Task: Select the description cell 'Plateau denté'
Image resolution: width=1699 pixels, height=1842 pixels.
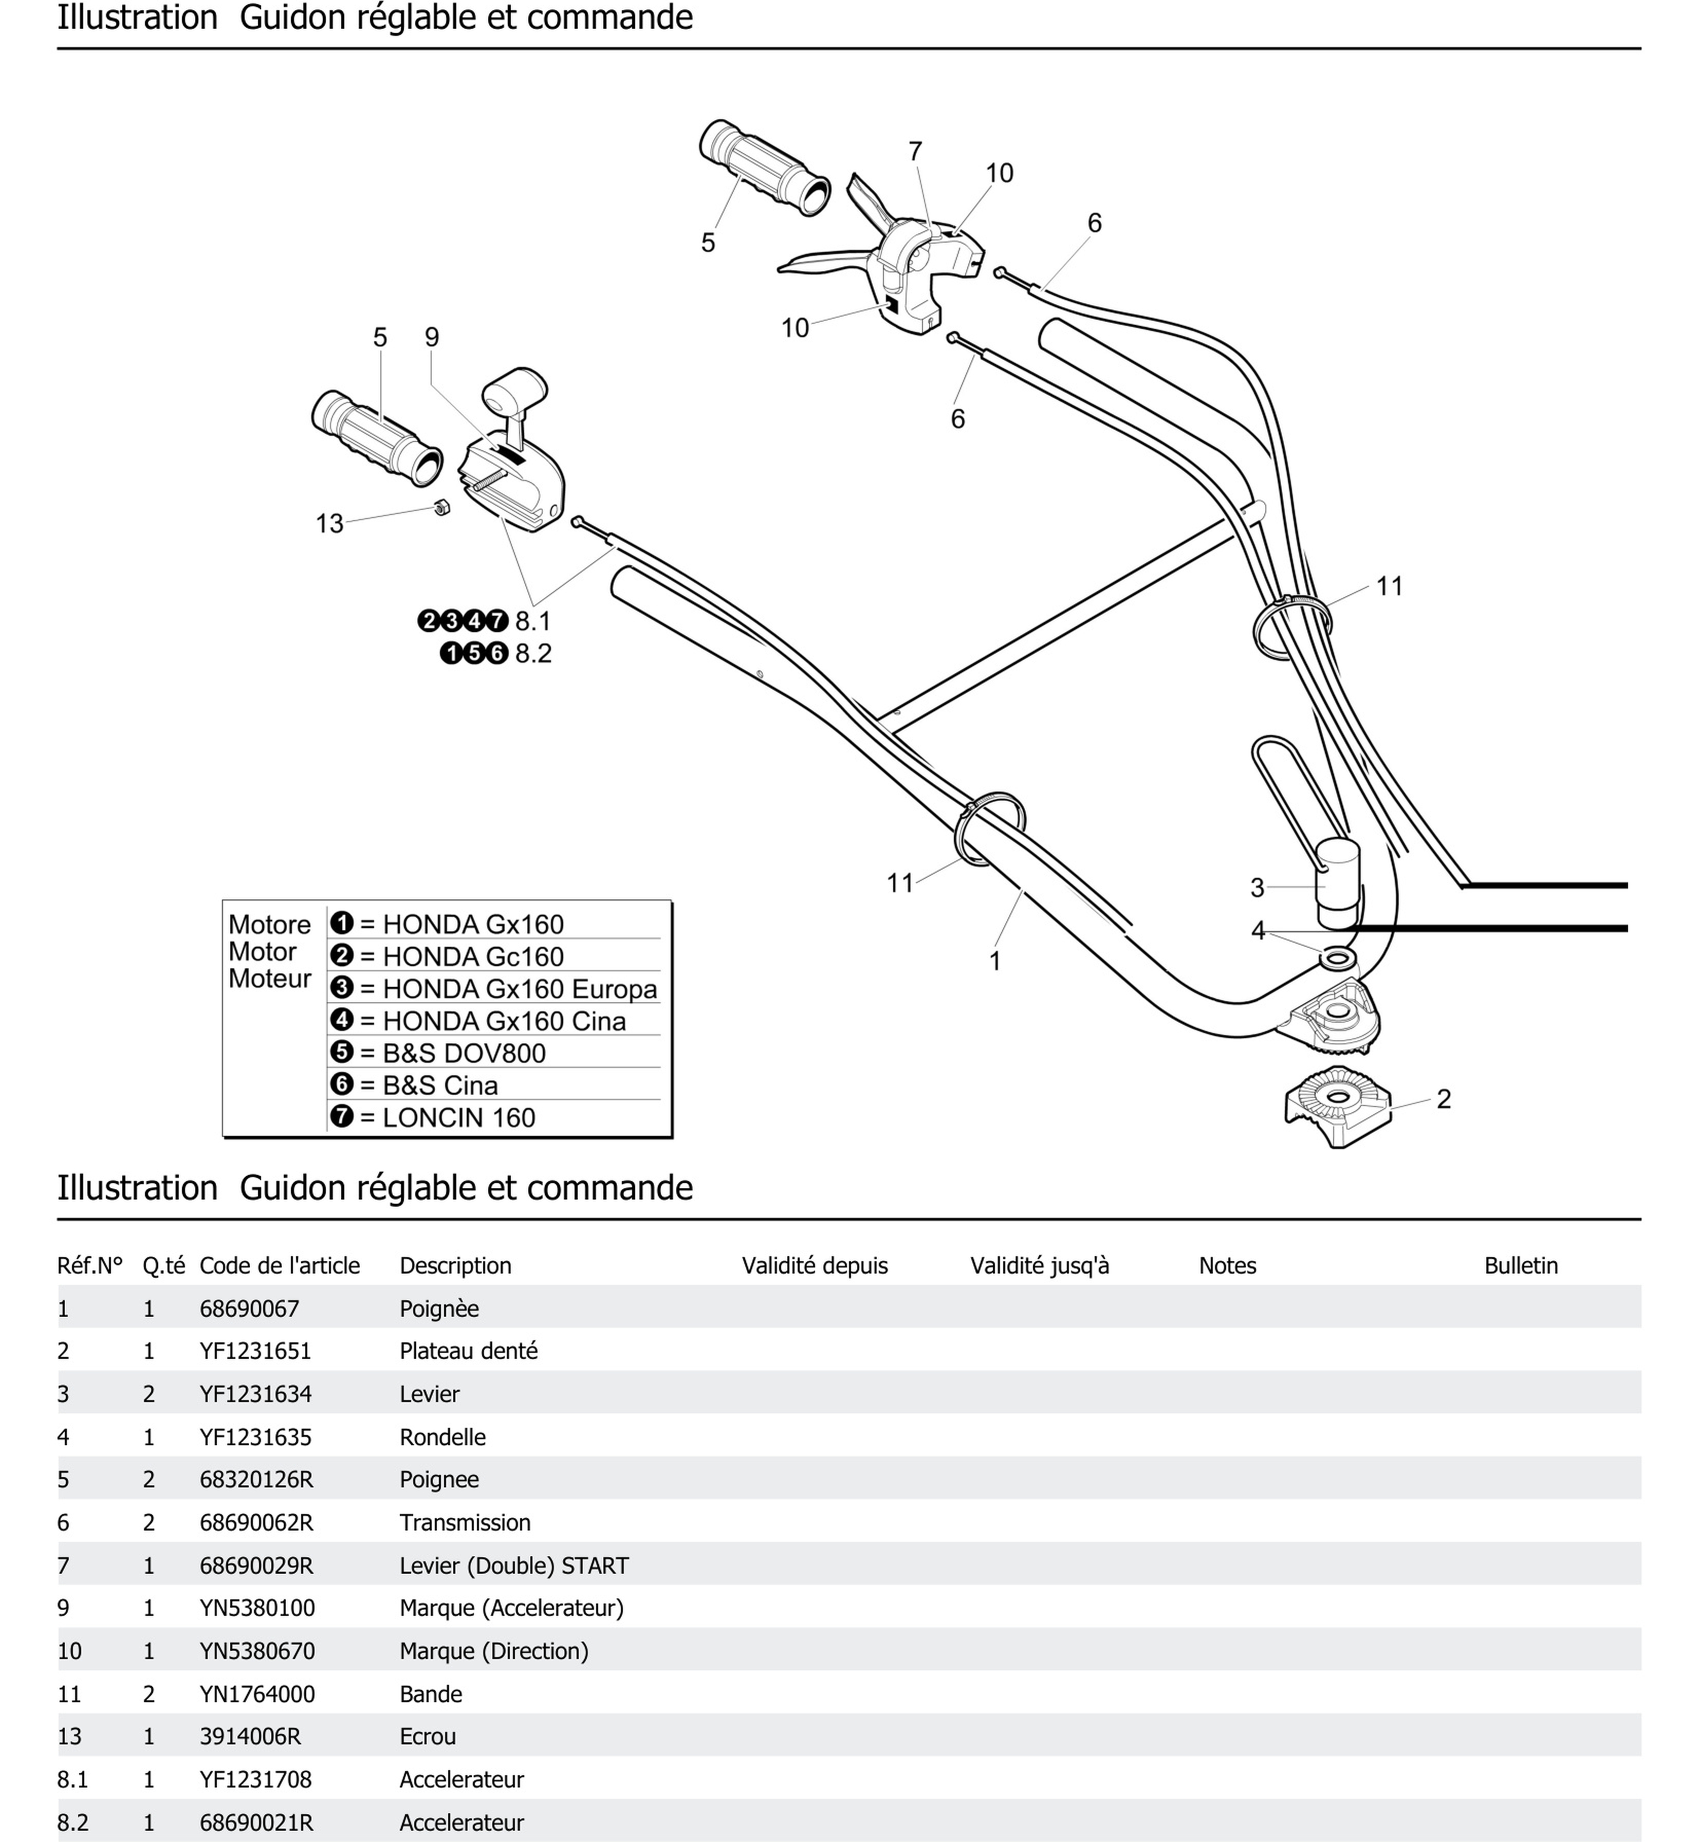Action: (x=468, y=1351)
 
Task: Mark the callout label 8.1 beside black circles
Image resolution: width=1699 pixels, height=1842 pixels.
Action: (x=533, y=622)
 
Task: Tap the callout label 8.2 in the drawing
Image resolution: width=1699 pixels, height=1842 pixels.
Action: (x=533, y=654)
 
